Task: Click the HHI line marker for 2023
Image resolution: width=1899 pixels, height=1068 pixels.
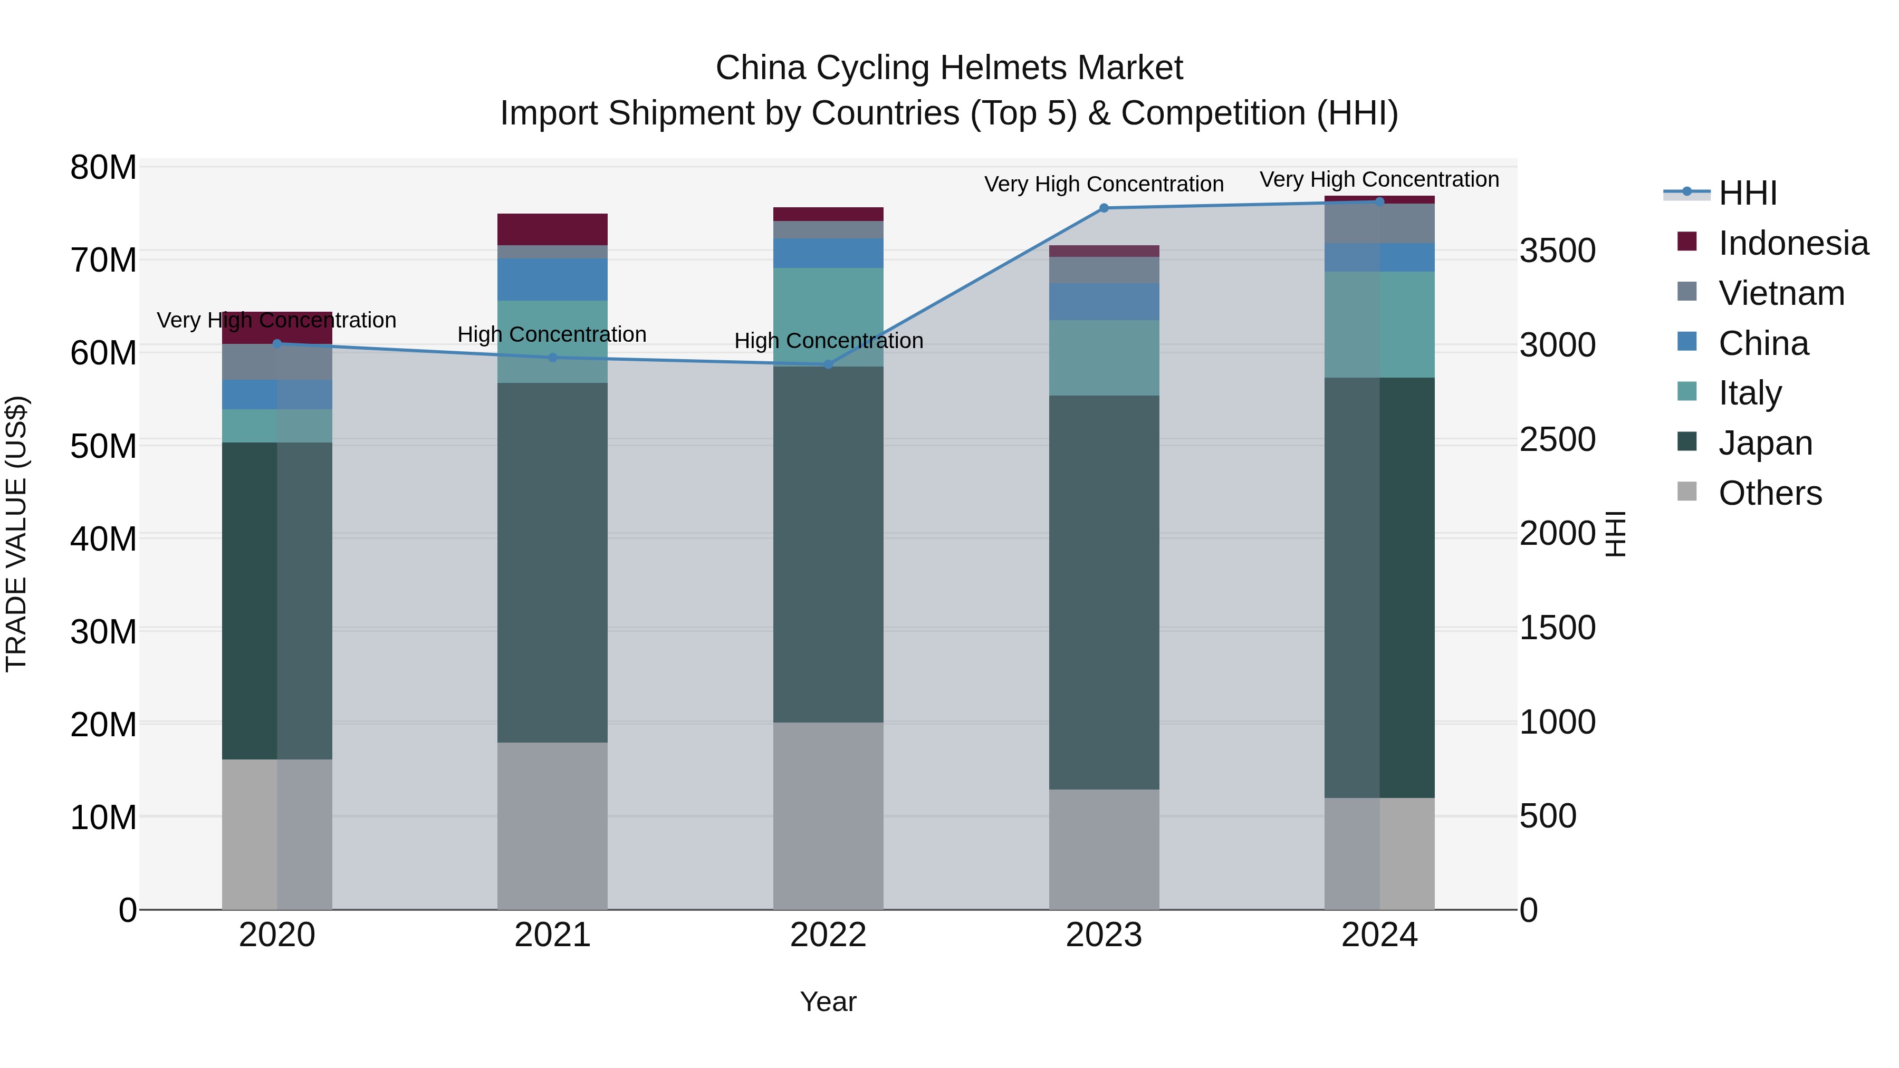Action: coord(1104,208)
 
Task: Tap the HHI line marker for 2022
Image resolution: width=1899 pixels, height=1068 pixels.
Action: coord(828,364)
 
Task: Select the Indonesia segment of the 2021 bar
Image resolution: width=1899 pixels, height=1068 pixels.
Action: coord(552,229)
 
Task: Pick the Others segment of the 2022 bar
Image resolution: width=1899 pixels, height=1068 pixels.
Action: coord(828,815)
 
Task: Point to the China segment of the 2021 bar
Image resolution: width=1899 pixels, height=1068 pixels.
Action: coord(552,280)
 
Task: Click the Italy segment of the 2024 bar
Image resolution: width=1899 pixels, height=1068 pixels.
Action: coord(1379,324)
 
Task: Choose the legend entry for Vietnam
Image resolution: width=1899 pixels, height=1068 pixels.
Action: coord(1780,293)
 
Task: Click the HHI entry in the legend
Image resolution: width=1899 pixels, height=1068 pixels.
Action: coord(1747,193)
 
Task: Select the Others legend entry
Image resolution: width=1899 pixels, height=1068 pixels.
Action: coord(1769,493)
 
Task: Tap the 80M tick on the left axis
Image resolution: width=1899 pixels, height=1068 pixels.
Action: coord(103,167)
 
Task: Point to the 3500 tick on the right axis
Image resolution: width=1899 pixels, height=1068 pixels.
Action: coord(1557,251)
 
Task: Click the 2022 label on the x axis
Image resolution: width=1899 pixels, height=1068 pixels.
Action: coord(828,935)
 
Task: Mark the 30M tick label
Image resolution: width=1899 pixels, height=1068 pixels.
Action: coord(103,632)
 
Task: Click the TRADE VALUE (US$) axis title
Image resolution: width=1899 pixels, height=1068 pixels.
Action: coord(16,534)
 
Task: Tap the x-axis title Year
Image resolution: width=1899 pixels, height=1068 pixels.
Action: coord(828,1002)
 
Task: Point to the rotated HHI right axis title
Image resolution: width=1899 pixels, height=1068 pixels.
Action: coord(1615,534)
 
